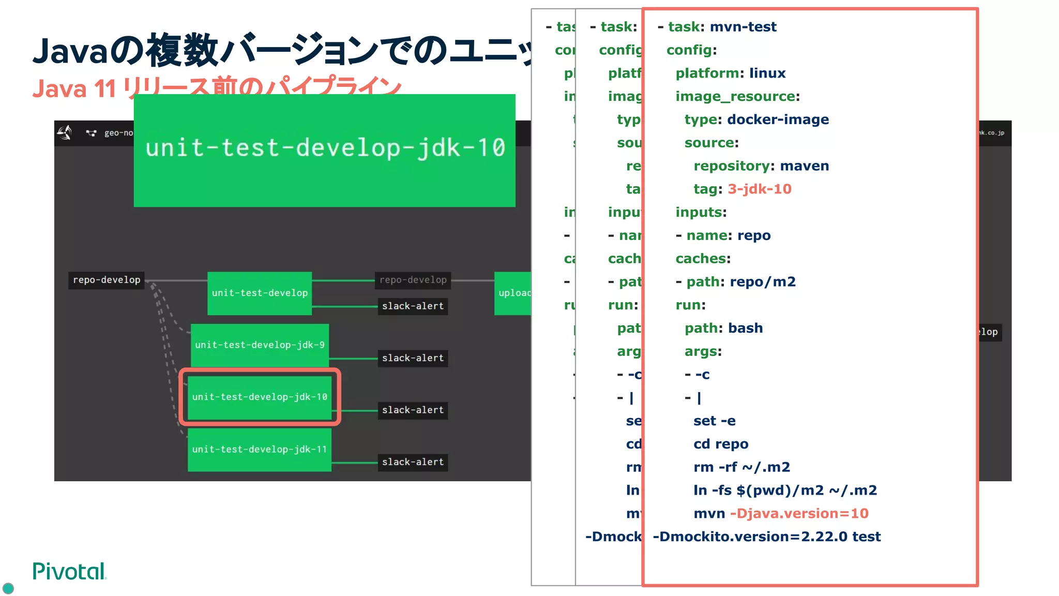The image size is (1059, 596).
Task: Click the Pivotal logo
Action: click(x=69, y=571)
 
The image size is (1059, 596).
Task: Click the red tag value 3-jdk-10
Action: click(x=759, y=189)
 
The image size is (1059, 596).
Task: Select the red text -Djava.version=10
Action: click(x=799, y=514)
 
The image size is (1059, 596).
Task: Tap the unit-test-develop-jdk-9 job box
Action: click(x=260, y=345)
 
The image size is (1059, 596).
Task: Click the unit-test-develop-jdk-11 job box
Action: click(x=259, y=450)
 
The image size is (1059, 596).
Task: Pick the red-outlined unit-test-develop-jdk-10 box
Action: click(x=260, y=397)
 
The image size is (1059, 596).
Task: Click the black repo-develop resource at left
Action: click(x=107, y=280)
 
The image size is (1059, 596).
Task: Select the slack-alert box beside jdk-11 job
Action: click(x=413, y=462)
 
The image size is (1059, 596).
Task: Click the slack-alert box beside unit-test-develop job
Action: click(x=413, y=306)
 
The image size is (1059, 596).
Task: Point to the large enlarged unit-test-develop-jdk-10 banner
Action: click(x=324, y=150)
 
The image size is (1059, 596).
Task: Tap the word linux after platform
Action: click(x=767, y=73)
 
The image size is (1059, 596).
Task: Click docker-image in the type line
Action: click(x=778, y=120)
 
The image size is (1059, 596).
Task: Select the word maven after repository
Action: click(x=804, y=166)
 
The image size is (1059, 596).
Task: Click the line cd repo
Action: click(x=721, y=444)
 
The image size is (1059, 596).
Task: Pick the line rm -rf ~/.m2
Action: click(x=742, y=468)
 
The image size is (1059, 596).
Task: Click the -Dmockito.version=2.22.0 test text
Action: click(x=766, y=537)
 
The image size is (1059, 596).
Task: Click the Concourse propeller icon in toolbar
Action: click(x=65, y=133)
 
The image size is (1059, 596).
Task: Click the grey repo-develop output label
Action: click(x=413, y=280)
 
